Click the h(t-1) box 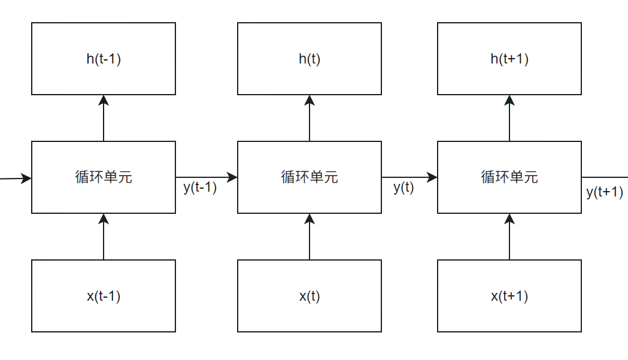(x=104, y=59)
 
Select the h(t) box (x=310, y=59)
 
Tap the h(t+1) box (x=509, y=59)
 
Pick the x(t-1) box (x=104, y=296)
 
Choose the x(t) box (x=310, y=296)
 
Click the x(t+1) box (x=509, y=296)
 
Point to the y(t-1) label (x=200, y=187)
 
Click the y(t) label (x=404, y=187)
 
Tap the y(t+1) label (x=605, y=192)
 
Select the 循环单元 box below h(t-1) (x=104, y=177)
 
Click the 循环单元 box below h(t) (x=310, y=177)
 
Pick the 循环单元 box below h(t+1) (x=509, y=177)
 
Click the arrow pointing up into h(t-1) (x=104, y=118)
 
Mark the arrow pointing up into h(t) (x=310, y=118)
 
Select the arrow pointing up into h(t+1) (x=509, y=118)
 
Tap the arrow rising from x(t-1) (x=104, y=237)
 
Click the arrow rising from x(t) (x=310, y=237)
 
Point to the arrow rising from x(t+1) (x=509, y=237)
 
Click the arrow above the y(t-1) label (x=207, y=177)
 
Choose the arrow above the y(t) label (x=409, y=177)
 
